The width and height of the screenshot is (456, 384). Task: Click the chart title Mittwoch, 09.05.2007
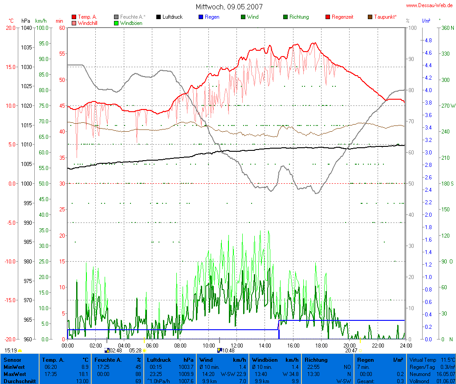click(x=229, y=7)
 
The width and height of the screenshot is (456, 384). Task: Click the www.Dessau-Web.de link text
click(x=430, y=5)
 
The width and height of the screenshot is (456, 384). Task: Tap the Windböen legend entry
click(x=131, y=23)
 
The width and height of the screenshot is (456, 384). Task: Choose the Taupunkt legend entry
click(x=385, y=17)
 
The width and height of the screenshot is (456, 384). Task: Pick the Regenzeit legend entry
click(x=342, y=17)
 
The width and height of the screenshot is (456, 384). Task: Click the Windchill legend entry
click(x=89, y=23)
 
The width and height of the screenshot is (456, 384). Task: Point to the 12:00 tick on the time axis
click(x=236, y=345)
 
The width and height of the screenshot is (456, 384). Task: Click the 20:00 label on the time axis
click(x=349, y=345)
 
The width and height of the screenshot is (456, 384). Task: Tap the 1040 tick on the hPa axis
click(x=26, y=28)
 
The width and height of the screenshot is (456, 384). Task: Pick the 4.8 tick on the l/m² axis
click(x=428, y=40)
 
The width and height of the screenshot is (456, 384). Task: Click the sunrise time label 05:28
click(x=135, y=351)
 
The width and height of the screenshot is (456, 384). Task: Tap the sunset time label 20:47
click(x=351, y=351)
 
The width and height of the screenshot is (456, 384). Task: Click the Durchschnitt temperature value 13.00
click(x=83, y=381)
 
